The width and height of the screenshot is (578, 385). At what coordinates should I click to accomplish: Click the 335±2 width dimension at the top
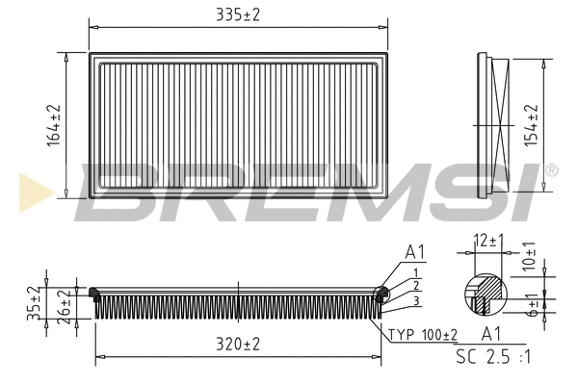[x=237, y=13]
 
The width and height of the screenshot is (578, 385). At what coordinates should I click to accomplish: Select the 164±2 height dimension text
[x=54, y=125]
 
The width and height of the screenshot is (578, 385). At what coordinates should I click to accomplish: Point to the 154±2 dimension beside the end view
[x=529, y=125]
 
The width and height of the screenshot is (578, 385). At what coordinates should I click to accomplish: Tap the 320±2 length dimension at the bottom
[x=237, y=344]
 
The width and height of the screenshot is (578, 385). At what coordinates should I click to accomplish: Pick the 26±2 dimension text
[x=63, y=304]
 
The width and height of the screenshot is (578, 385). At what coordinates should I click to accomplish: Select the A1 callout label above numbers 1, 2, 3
[x=415, y=253]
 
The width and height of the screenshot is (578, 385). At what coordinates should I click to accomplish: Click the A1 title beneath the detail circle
[x=491, y=333]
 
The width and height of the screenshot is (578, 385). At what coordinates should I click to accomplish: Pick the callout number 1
[x=414, y=272]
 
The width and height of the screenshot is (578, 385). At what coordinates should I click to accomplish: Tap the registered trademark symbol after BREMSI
[x=551, y=170]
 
